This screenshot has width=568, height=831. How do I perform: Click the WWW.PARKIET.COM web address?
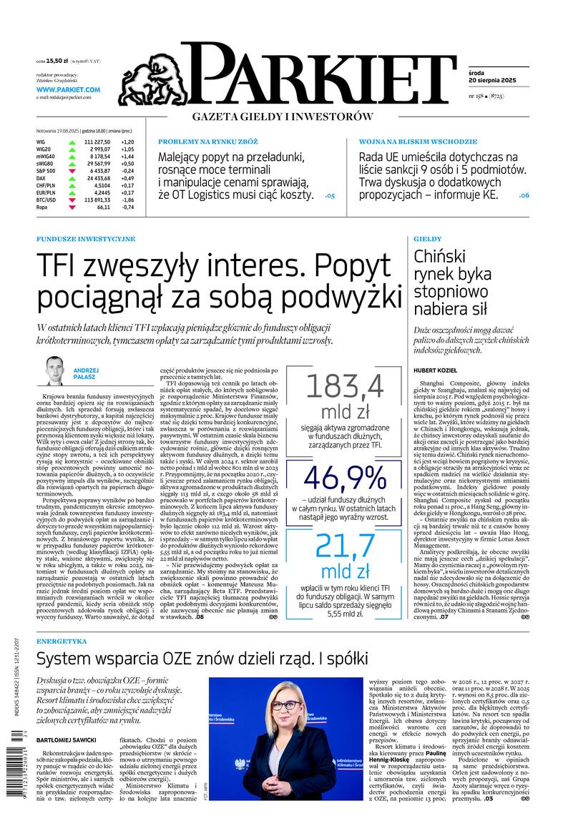click(68, 89)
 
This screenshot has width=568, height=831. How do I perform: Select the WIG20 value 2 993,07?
click(97, 149)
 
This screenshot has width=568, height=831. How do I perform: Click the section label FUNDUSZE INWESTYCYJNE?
click(85, 238)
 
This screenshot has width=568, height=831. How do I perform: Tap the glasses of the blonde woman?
click(285, 705)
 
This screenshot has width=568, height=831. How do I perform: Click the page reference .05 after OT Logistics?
click(329, 195)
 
